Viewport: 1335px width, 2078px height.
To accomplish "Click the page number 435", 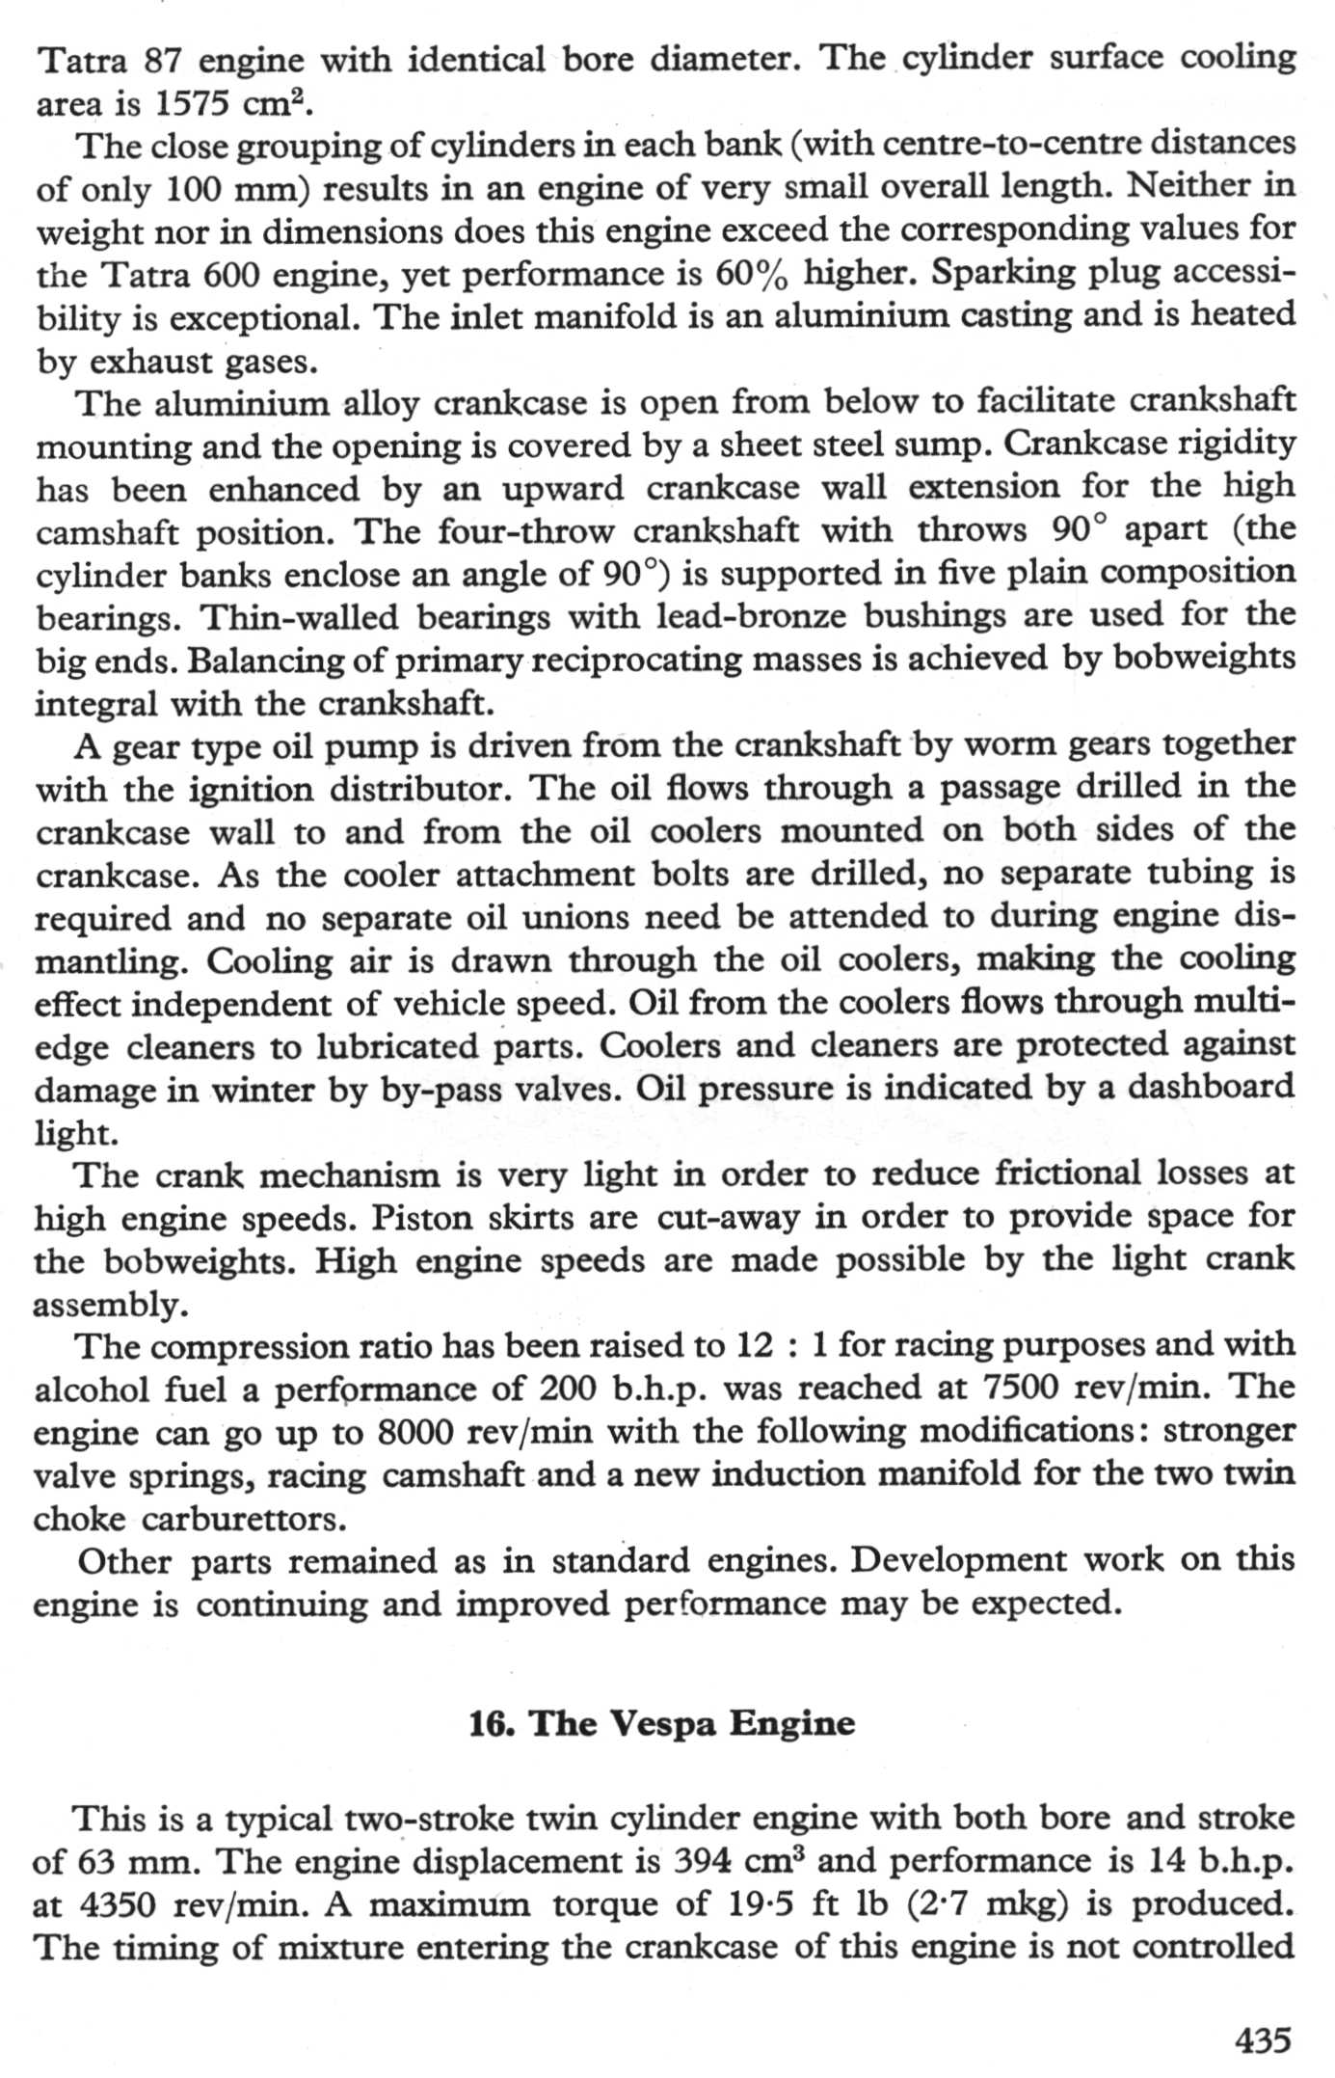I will (x=1262, y=2039).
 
